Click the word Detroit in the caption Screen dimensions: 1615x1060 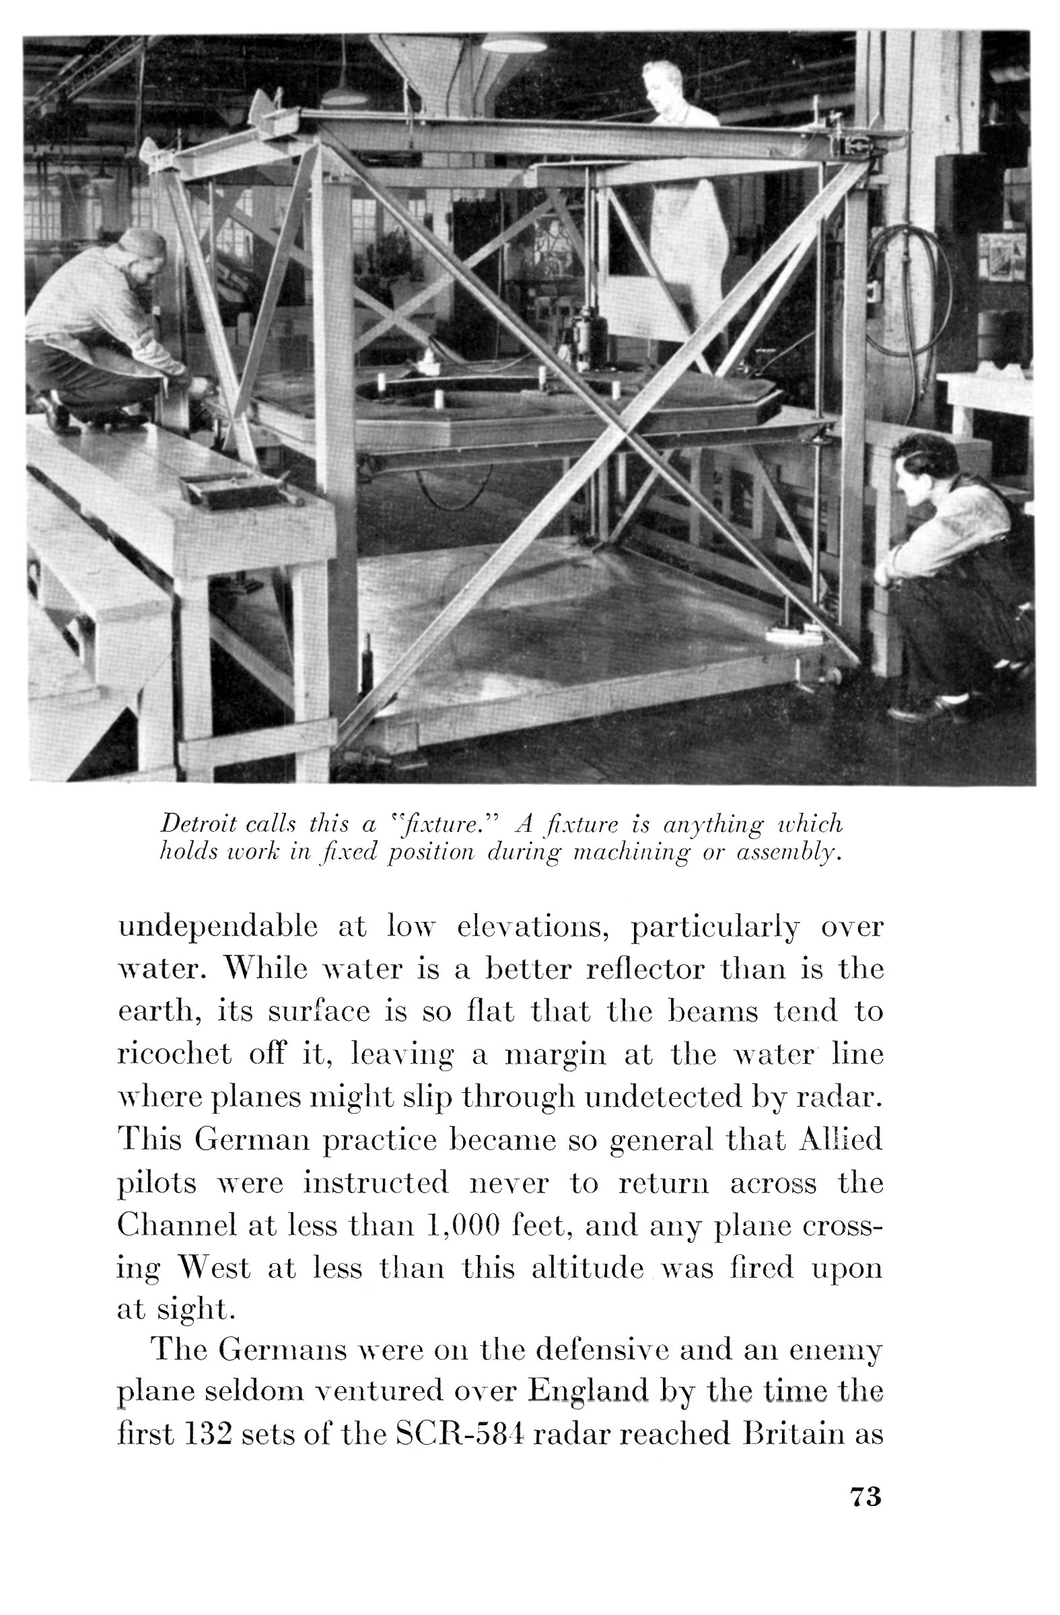[x=198, y=824]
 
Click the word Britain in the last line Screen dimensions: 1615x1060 [x=793, y=1435]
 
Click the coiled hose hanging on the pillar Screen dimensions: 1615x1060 [x=910, y=292]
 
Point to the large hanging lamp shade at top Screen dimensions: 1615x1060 [x=513, y=43]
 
